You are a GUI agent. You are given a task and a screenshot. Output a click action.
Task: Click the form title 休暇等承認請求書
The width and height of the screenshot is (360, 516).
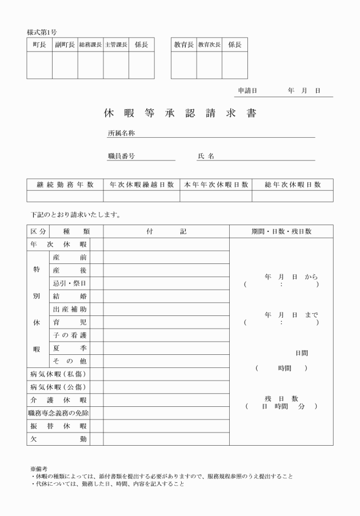click(180, 113)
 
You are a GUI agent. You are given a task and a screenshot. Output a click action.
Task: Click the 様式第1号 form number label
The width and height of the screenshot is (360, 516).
click(42, 33)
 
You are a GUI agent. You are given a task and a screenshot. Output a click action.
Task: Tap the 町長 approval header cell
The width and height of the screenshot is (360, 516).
click(39, 45)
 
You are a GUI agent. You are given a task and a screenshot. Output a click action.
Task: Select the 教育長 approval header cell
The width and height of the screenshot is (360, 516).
click(183, 45)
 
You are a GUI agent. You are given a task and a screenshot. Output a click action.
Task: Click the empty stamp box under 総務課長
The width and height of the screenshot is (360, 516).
click(90, 65)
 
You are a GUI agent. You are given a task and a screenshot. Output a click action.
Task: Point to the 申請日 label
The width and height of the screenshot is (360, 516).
click(247, 91)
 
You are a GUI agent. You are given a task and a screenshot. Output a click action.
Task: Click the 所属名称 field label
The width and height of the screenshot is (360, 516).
click(121, 133)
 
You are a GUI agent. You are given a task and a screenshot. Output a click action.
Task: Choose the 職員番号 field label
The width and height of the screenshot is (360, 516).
click(121, 155)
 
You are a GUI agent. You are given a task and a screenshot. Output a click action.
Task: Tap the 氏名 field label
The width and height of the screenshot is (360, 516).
click(206, 155)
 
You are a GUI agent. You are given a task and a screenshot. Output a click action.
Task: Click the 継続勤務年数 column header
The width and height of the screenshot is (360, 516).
click(65, 185)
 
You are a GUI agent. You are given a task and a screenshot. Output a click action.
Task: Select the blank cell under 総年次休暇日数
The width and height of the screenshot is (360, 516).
click(292, 196)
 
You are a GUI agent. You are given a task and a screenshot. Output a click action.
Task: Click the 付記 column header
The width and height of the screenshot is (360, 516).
click(166, 231)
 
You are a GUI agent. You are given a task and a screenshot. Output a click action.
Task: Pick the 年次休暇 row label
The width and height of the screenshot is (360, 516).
click(58, 244)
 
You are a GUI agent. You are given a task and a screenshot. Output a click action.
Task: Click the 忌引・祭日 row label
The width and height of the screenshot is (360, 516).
click(69, 283)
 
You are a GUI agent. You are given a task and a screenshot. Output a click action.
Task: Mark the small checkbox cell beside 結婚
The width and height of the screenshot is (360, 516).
click(96, 296)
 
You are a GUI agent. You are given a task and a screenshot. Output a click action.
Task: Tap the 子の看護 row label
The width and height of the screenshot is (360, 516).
click(69, 335)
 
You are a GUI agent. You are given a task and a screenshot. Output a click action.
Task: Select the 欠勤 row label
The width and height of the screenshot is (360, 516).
click(58, 439)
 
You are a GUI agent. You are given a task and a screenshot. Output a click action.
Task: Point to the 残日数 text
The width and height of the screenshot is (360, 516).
click(281, 398)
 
